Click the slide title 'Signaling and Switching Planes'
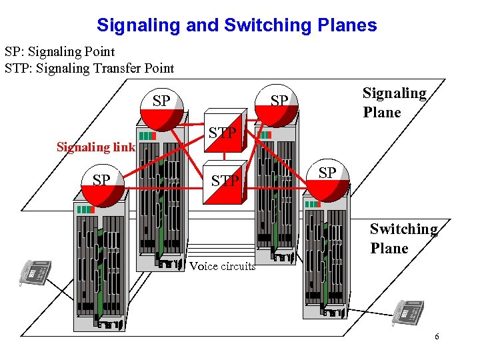(x=237, y=25)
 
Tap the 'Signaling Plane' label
(x=393, y=103)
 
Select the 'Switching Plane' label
(x=403, y=238)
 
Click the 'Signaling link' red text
(x=96, y=147)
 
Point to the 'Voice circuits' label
(x=222, y=266)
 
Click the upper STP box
(x=225, y=132)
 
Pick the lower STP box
(x=225, y=179)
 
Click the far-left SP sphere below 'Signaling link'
(x=103, y=185)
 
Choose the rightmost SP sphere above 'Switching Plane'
(x=326, y=179)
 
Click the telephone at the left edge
(x=35, y=272)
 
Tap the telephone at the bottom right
(x=407, y=312)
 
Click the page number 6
(x=437, y=337)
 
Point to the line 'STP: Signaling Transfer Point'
(x=89, y=68)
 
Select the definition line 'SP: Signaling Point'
(x=60, y=51)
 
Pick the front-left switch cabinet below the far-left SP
(x=100, y=267)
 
